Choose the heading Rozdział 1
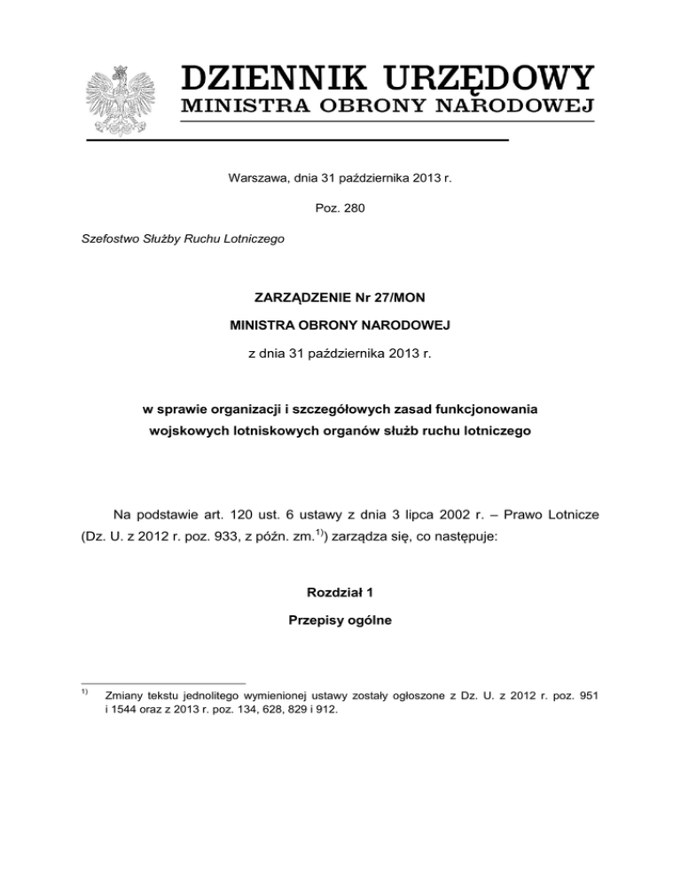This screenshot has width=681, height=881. [340, 592]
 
